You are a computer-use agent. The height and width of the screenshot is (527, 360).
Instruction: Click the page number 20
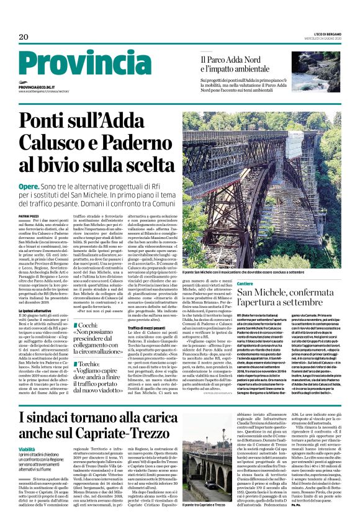[24, 38]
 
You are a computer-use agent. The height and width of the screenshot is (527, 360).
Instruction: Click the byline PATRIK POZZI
[29, 214]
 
